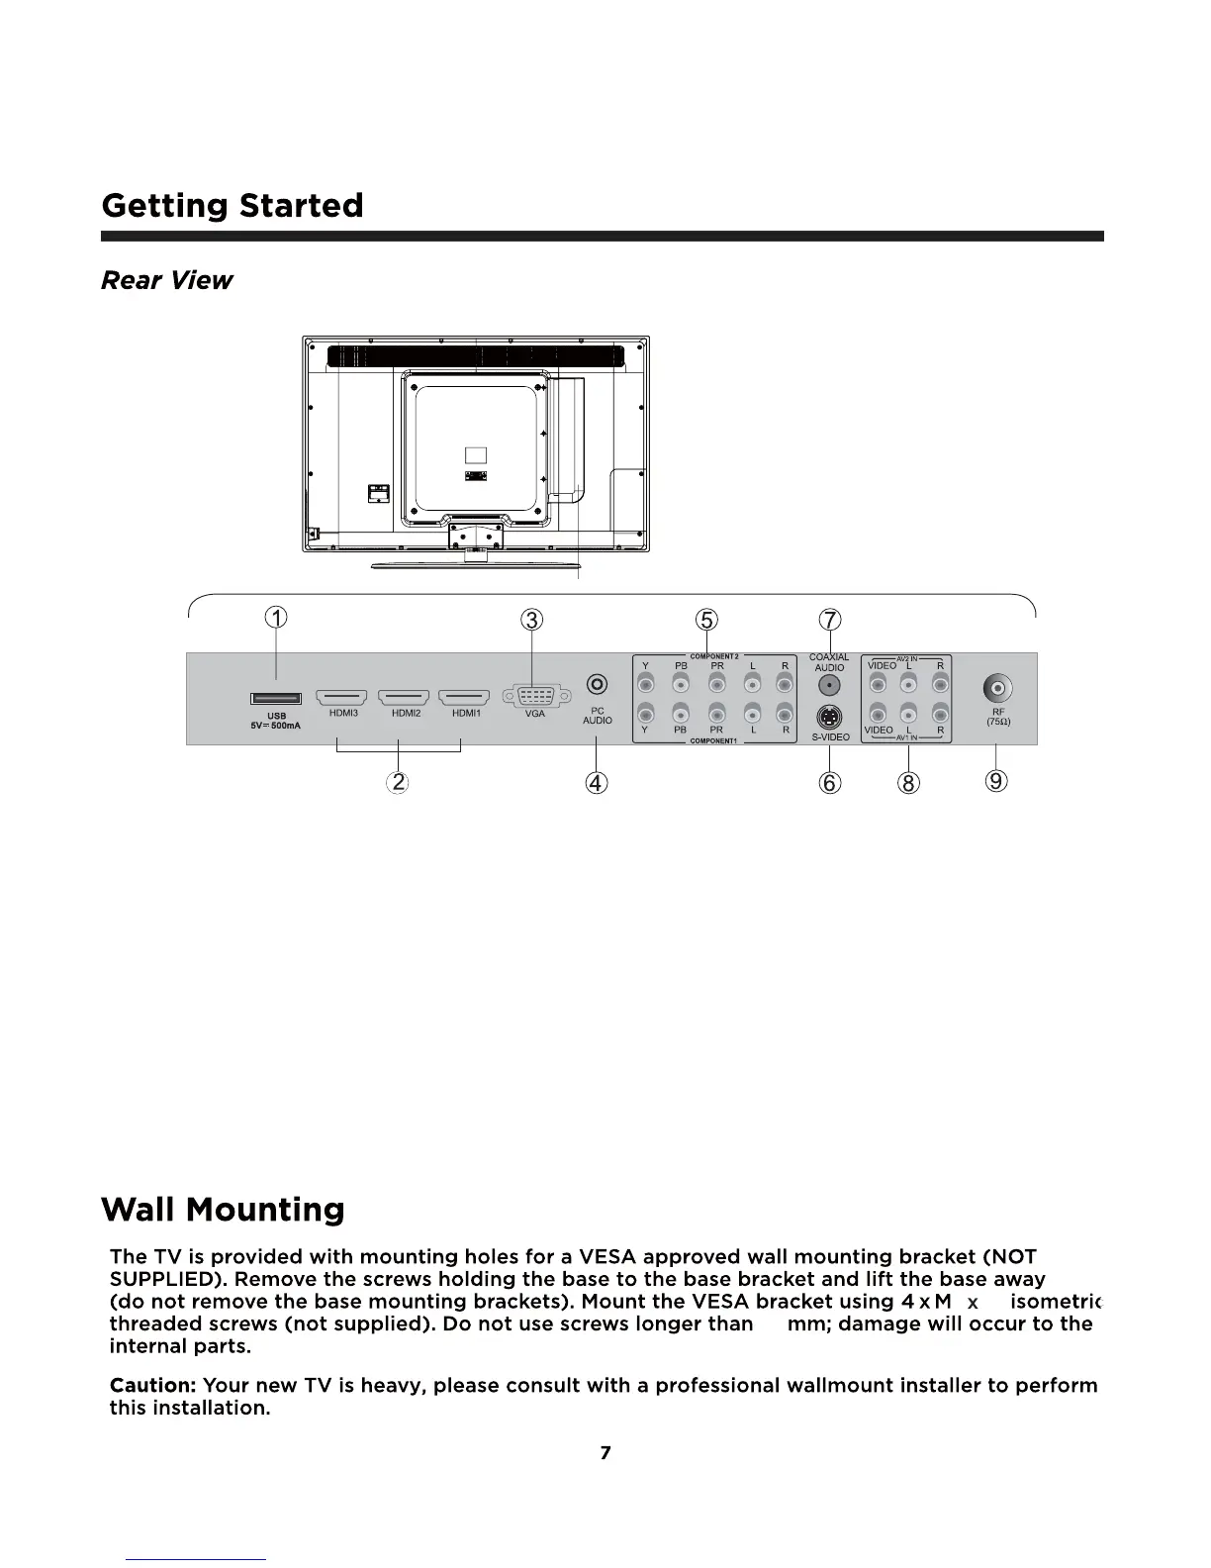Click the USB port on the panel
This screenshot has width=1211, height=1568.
pos(276,699)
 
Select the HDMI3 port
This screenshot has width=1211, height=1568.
pos(341,698)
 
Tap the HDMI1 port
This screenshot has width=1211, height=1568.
pos(463,698)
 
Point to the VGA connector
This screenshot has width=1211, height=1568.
pos(534,696)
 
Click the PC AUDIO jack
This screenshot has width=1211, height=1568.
pos(597,684)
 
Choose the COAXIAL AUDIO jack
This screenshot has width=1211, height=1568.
pos(829,685)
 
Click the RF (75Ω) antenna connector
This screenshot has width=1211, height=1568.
pos(997,687)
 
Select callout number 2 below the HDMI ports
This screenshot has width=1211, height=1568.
pos(398,782)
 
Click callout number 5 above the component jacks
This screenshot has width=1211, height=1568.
pos(706,620)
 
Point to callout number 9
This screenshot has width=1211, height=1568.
pos(997,781)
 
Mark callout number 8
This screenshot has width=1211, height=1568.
pos(908,783)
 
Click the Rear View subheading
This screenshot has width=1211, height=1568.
pos(166,280)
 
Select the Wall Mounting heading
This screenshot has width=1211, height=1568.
pos(223,1209)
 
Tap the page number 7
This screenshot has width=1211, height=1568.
pos(605,1452)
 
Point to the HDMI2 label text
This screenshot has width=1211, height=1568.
pos(406,713)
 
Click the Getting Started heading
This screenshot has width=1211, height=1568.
pos(233,205)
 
